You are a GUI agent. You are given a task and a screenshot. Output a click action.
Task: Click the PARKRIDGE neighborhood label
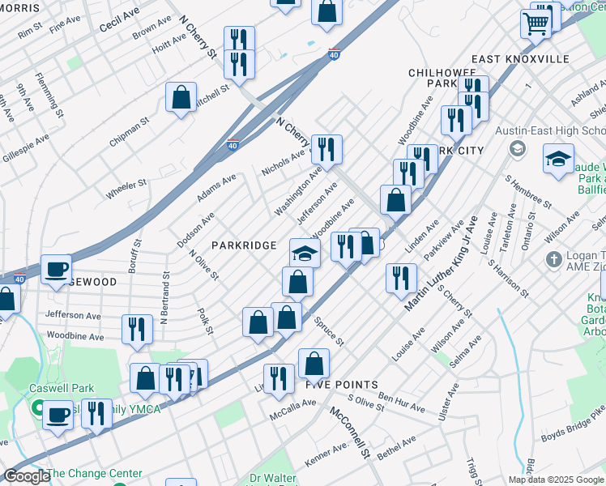coord(244,245)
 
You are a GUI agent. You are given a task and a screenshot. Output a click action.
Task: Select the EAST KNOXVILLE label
coord(520,59)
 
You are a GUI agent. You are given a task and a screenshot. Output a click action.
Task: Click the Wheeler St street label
coord(126,189)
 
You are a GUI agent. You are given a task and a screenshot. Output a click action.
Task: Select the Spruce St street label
coord(329,331)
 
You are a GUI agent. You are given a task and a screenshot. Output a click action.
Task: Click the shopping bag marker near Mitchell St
coord(181,96)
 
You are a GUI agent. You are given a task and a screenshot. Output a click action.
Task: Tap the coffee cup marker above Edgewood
coord(56,269)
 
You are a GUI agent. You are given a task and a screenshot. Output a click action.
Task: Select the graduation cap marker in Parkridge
coord(305,254)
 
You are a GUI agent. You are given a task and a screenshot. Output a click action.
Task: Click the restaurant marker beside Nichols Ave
coord(326,148)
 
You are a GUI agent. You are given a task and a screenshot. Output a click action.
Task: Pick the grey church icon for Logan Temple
coord(554,259)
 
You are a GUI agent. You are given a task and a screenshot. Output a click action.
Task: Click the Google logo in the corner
coord(26,476)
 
